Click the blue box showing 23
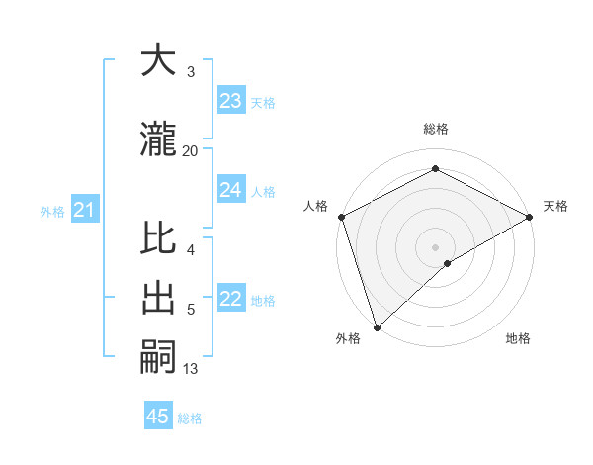(231, 101)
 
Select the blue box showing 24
(231, 190)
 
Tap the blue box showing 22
(231, 299)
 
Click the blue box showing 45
(158, 417)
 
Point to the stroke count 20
(191, 150)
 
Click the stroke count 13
(191, 369)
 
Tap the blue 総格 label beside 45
(190, 418)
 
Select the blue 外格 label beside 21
(52, 211)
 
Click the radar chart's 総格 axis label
(435, 129)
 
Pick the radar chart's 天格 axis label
(555, 206)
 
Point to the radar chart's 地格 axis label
(518, 339)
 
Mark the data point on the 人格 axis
(341, 216)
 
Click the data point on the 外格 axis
(377, 326)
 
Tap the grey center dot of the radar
(435, 246)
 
